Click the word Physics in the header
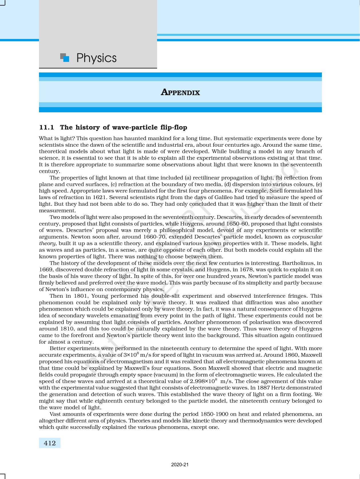tap(96, 58)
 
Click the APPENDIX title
tap(180, 93)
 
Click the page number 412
tap(50, 443)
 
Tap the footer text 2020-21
tap(180, 465)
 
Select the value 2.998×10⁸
tap(204, 381)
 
